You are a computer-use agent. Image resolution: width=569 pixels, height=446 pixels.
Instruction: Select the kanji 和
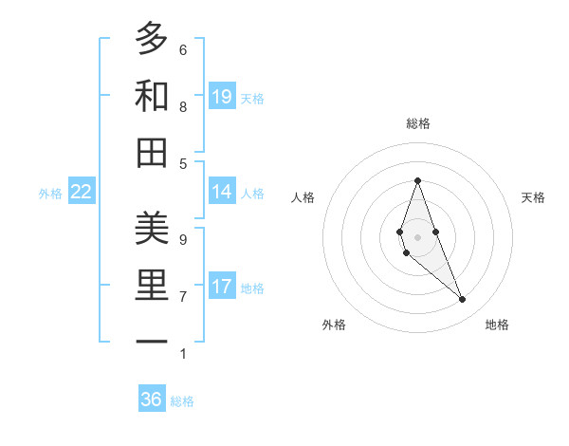[151, 96]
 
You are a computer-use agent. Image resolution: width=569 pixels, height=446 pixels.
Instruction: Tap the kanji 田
[151, 152]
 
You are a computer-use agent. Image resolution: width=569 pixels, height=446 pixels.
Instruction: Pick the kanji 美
[151, 229]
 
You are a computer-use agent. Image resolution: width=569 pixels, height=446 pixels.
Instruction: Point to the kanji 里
[151, 286]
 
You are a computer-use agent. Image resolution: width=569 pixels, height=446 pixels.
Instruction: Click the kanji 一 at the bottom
[151, 342]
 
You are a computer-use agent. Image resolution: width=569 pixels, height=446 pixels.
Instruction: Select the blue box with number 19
[222, 96]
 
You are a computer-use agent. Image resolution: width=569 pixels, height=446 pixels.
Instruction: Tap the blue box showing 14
[222, 192]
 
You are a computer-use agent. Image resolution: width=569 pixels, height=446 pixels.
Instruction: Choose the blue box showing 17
[222, 287]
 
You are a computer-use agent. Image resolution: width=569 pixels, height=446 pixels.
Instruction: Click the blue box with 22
[82, 192]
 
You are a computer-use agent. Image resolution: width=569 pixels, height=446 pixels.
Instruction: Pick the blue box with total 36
[152, 400]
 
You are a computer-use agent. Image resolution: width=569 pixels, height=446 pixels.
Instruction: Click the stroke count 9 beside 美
[182, 240]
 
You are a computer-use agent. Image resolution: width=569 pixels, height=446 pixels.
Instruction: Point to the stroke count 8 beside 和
[182, 106]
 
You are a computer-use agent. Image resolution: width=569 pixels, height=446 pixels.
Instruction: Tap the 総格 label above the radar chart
[418, 123]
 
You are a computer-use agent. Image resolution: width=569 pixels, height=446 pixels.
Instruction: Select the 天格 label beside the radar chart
[533, 197]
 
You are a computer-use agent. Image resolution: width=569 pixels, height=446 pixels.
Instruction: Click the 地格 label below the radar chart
[497, 325]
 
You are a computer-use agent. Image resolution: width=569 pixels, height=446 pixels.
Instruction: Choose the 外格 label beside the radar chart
[334, 325]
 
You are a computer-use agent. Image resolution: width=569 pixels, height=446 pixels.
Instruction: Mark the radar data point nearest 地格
[463, 300]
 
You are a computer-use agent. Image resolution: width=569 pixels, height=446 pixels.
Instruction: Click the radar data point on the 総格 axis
[417, 180]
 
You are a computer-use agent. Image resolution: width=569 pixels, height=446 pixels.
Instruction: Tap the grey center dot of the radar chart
[417, 236]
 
